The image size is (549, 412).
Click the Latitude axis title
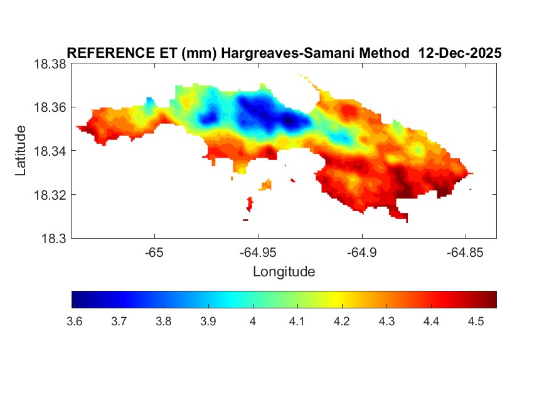coord(21,151)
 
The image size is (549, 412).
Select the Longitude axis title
coord(284,272)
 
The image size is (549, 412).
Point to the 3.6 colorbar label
coord(73,322)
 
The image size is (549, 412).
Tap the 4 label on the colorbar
coord(252,322)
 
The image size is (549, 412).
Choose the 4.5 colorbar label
coord(476,322)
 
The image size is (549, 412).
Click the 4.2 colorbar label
coord(341,322)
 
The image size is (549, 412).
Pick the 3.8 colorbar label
coord(163,322)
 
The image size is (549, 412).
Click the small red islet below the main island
coord(250,203)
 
